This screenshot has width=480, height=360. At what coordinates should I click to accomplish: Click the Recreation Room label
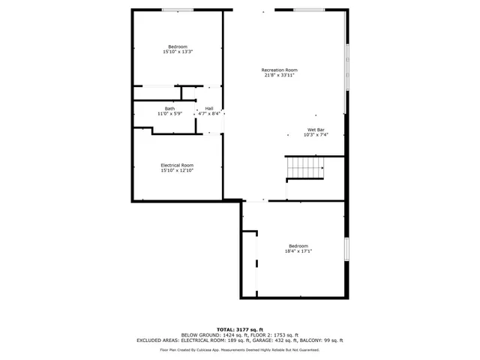[x=279, y=70]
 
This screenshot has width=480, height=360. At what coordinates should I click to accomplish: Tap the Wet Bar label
[x=316, y=130]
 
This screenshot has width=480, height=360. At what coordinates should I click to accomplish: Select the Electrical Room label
[x=177, y=165]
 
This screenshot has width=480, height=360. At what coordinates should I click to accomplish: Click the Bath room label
[x=171, y=109]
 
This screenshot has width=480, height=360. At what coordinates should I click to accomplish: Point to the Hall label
[x=208, y=109]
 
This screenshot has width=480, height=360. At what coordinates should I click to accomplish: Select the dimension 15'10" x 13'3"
[x=178, y=52]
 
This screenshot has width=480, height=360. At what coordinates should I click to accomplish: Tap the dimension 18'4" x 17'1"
[x=298, y=251]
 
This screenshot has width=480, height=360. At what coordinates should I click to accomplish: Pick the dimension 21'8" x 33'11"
[x=279, y=75]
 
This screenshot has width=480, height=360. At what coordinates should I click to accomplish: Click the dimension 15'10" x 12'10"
[x=177, y=170]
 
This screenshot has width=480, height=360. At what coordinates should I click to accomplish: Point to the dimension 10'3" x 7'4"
[x=316, y=135]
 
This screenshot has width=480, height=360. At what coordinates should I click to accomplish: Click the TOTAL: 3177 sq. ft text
[x=239, y=329]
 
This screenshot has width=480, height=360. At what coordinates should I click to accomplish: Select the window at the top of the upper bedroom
[x=178, y=10]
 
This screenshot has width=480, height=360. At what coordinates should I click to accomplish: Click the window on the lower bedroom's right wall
[x=346, y=250]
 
